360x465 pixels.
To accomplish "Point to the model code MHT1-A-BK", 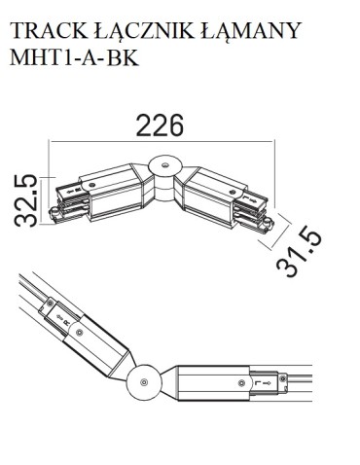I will (x=74, y=58).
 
